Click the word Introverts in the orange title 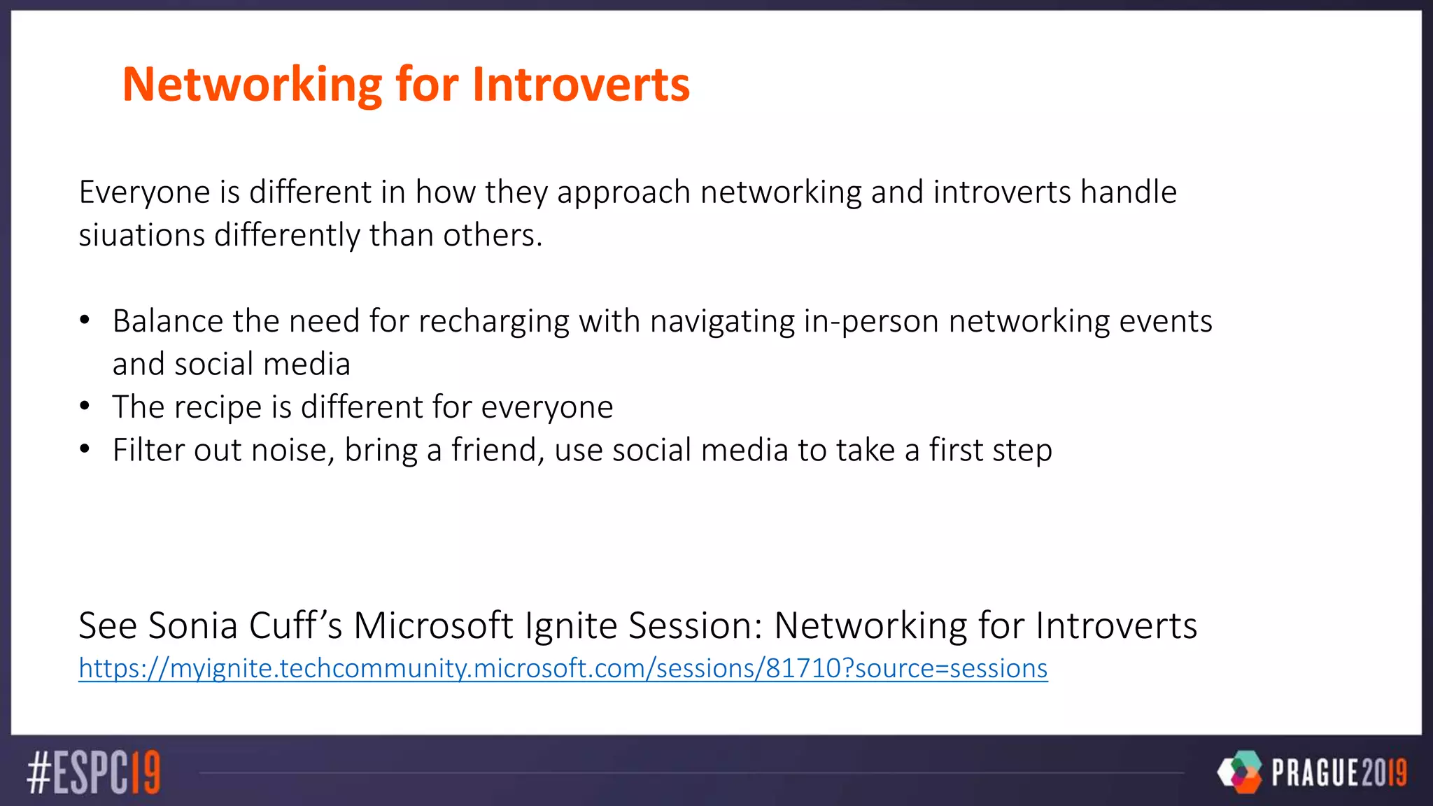pos(581,85)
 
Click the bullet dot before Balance pos(85,320)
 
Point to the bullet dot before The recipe pos(85,406)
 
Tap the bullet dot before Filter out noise pos(85,449)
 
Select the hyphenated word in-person pos(870,322)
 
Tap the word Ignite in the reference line pos(571,625)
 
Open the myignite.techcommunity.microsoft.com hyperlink pos(563,669)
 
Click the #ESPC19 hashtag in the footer pos(94,772)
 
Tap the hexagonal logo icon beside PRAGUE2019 pos(1240,772)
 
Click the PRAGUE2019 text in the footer pos(1339,772)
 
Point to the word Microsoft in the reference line pos(433,625)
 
